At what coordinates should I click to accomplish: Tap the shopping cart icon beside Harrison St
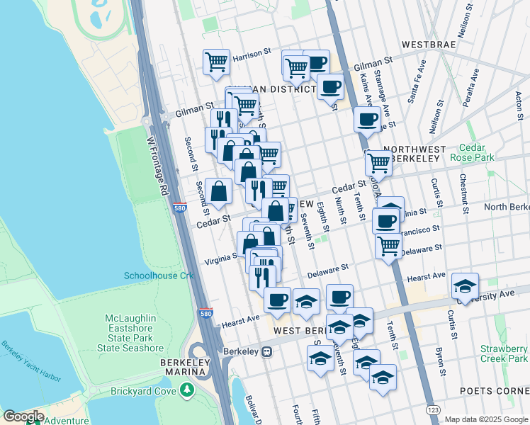coord(215,62)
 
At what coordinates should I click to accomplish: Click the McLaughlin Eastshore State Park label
coord(135,333)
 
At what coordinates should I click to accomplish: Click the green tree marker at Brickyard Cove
coord(186,390)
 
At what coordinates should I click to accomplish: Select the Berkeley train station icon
coord(266,351)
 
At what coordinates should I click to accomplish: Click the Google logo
coord(23,416)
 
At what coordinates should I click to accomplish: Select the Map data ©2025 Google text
coord(486,419)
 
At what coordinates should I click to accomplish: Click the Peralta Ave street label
coord(471,89)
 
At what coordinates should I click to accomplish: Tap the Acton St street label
coord(519,106)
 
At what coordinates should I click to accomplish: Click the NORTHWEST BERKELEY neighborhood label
coord(415,156)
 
